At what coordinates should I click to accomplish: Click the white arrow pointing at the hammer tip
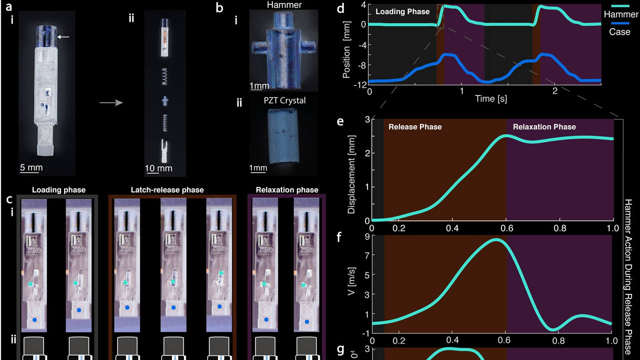(63, 37)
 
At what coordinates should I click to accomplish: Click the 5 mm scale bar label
(31, 167)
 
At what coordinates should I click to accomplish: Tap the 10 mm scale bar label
(158, 168)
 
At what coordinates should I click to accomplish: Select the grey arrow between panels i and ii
(111, 102)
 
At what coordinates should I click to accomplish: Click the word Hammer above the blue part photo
(284, 5)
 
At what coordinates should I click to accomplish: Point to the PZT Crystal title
(285, 100)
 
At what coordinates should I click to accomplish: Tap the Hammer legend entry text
(621, 15)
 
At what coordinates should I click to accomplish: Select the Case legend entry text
(620, 32)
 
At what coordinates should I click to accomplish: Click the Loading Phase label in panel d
(402, 12)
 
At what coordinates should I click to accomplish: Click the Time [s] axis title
(491, 99)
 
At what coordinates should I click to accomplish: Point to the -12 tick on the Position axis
(360, 85)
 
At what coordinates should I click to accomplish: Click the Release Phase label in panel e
(415, 127)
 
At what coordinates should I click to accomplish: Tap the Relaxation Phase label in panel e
(544, 127)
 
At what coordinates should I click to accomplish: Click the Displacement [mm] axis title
(352, 174)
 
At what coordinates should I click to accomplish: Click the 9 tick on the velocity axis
(367, 237)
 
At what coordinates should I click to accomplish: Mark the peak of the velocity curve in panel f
(496, 240)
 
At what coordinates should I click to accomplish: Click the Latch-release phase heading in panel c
(167, 190)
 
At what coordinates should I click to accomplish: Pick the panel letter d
(340, 8)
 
